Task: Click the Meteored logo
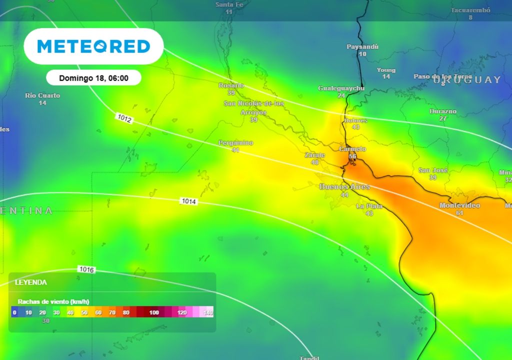(x=93, y=46)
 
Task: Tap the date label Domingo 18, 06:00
(x=93, y=78)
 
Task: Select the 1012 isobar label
(x=124, y=118)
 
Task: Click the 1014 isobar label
(x=189, y=201)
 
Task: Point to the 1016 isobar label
(x=86, y=269)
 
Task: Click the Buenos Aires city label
(x=344, y=186)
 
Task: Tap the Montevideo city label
(x=459, y=205)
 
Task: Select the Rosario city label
(x=231, y=85)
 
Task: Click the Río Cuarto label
(x=42, y=95)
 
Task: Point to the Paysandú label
(x=362, y=46)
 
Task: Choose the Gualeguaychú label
(x=341, y=88)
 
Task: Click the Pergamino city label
(x=236, y=143)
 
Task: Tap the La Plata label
(x=369, y=206)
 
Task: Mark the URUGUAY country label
(x=467, y=80)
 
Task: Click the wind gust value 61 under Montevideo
(x=459, y=213)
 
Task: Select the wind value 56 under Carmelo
(x=352, y=156)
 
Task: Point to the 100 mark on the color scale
(x=154, y=312)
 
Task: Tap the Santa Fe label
(x=229, y=4)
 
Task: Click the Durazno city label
(x=443, y=111)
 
